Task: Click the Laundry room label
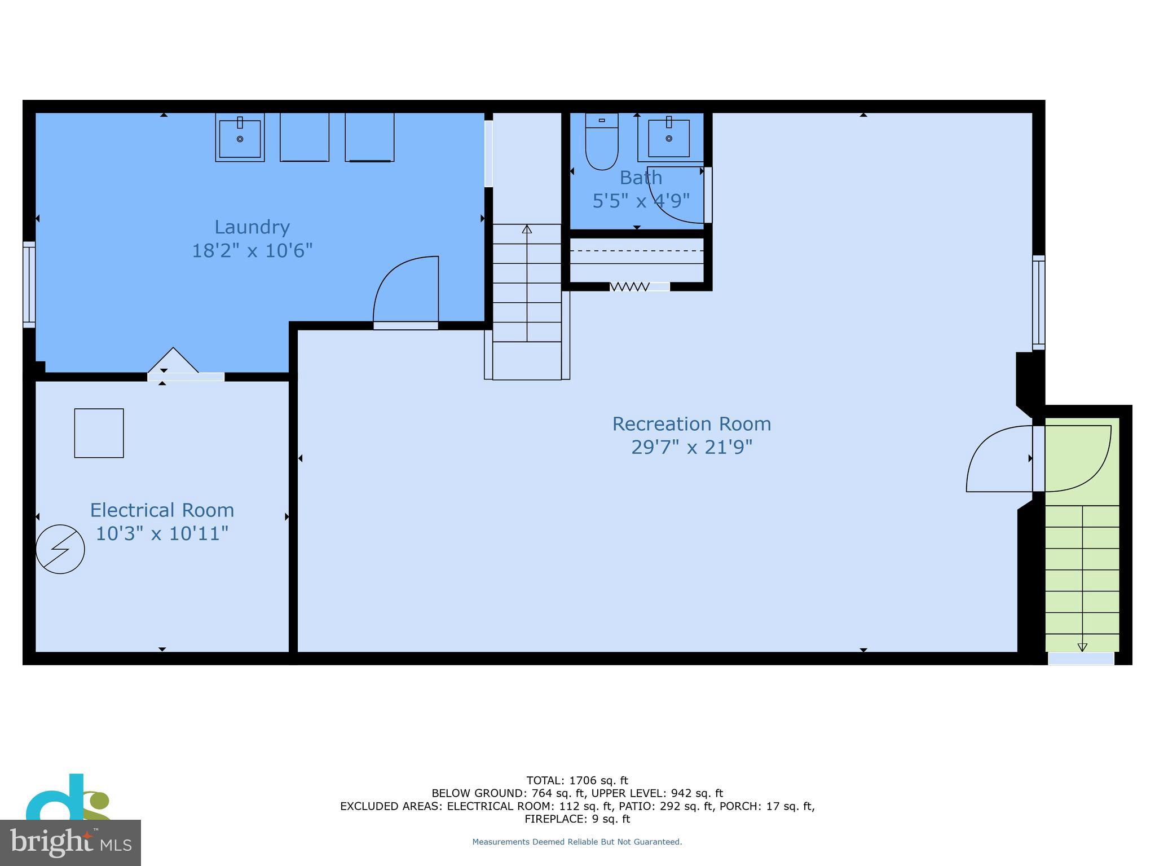pyautogui.click(x=252, y=227)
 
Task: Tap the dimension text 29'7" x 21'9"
pyautogui.click(x=691, y=447)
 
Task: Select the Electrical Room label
pyautogui.click(x=162, y=510)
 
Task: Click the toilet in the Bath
pyautogui.click(x=602, y=142)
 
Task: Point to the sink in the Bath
pyautogui.click(x=669, y=138)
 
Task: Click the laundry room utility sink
pyautogui.click(x=240, y=138)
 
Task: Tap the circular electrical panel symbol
pyautogui.click(x=60, y=549)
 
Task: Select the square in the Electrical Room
pyautogui.click(x=99, y=433)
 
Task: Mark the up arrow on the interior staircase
pyautogui.click(x=527, y=229)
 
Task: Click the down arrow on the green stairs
pyautogui.click(x=1082, y=647)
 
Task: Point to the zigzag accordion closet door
pyautogui.click(x=629, y=287)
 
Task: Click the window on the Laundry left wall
pyautogui.click(x=29, y=285)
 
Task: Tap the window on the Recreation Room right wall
pyautogui.click(x=1038, y=302)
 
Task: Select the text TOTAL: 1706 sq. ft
pyautogui.click(x=577, y=781)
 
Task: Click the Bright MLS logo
pyautogui.click(x=70, y=842)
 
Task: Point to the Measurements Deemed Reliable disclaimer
pyautogui.click(x=577, y=842)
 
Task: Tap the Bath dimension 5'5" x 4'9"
pyautogui.click(x=641, y=201)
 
